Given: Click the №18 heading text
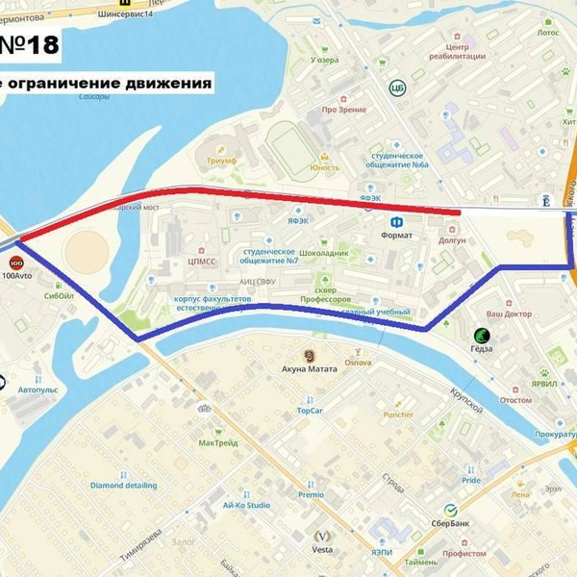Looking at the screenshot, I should point(29,44).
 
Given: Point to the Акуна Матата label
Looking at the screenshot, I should point(309,368).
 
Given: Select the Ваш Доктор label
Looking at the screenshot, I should point(508,314).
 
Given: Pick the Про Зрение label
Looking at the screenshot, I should point(343,110).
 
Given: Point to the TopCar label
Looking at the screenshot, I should point(310,411).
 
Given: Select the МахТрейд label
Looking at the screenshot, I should point(219,443).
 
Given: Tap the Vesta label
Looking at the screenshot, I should point(322,550).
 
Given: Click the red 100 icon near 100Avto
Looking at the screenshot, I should point(15,262).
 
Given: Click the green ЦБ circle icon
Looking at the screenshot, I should point(396,88).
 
